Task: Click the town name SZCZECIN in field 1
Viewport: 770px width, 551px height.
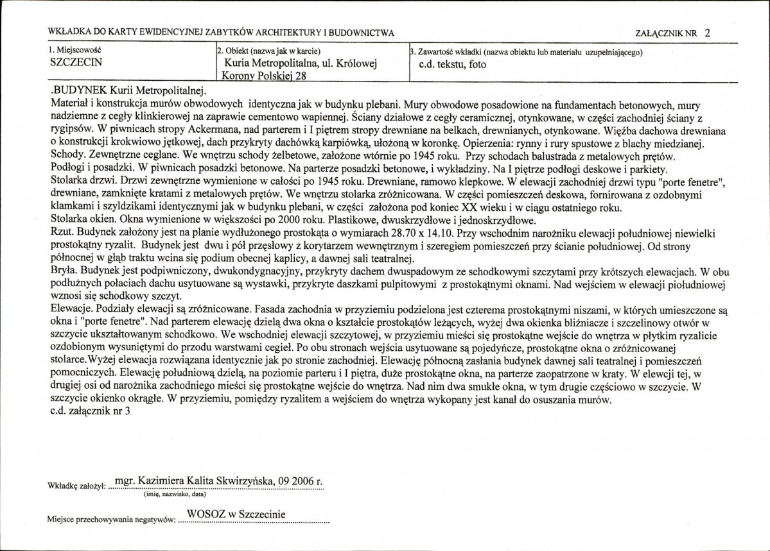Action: pos(76,64)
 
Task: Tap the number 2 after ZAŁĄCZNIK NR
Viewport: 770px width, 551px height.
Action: pos(707,32)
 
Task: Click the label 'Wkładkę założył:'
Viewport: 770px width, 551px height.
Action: pos(76,487)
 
